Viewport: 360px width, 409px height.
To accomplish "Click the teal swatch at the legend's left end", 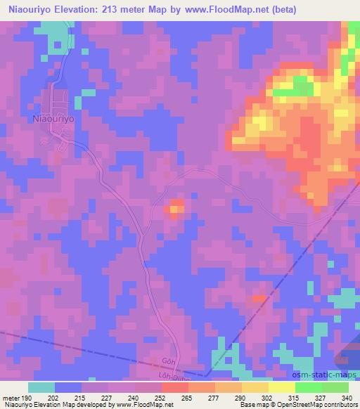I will click(41, 387).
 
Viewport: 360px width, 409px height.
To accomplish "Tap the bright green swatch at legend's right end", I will click(335, 387).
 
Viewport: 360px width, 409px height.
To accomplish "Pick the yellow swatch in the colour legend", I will click(255, 387).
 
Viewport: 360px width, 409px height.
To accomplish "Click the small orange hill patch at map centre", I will click(175, 207).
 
